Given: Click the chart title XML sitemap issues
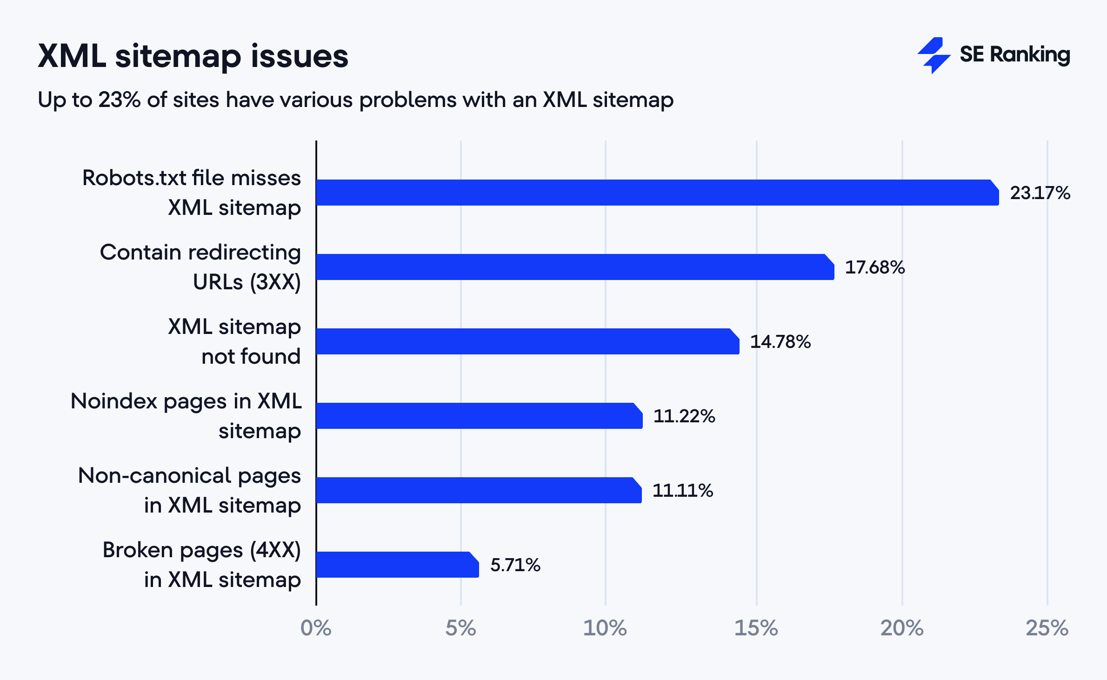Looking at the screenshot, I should point(193,56).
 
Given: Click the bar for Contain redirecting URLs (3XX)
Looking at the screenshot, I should point(574,267).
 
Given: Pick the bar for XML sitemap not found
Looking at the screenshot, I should point(527,341).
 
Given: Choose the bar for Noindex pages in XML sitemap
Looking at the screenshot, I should point(479,416).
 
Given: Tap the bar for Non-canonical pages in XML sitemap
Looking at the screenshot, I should point(478,490).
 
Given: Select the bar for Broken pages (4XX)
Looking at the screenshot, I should point(397,565).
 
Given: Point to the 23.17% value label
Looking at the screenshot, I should point(1040,193).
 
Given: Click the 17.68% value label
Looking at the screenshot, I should point(875,267).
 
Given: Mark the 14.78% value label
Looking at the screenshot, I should point(780,342).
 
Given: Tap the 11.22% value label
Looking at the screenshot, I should point(684,416).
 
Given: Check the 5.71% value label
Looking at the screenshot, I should point(515,565).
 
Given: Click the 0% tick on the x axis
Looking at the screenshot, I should point(316,628).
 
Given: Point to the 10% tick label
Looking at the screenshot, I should point(605,628).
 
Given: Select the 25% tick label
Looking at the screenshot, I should point(1047,628).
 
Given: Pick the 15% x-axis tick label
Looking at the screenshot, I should point(756,628).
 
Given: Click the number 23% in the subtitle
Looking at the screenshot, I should point(119,100).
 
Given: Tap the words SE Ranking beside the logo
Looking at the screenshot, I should point(1015,55).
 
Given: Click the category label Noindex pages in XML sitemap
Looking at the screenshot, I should point(186,416).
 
